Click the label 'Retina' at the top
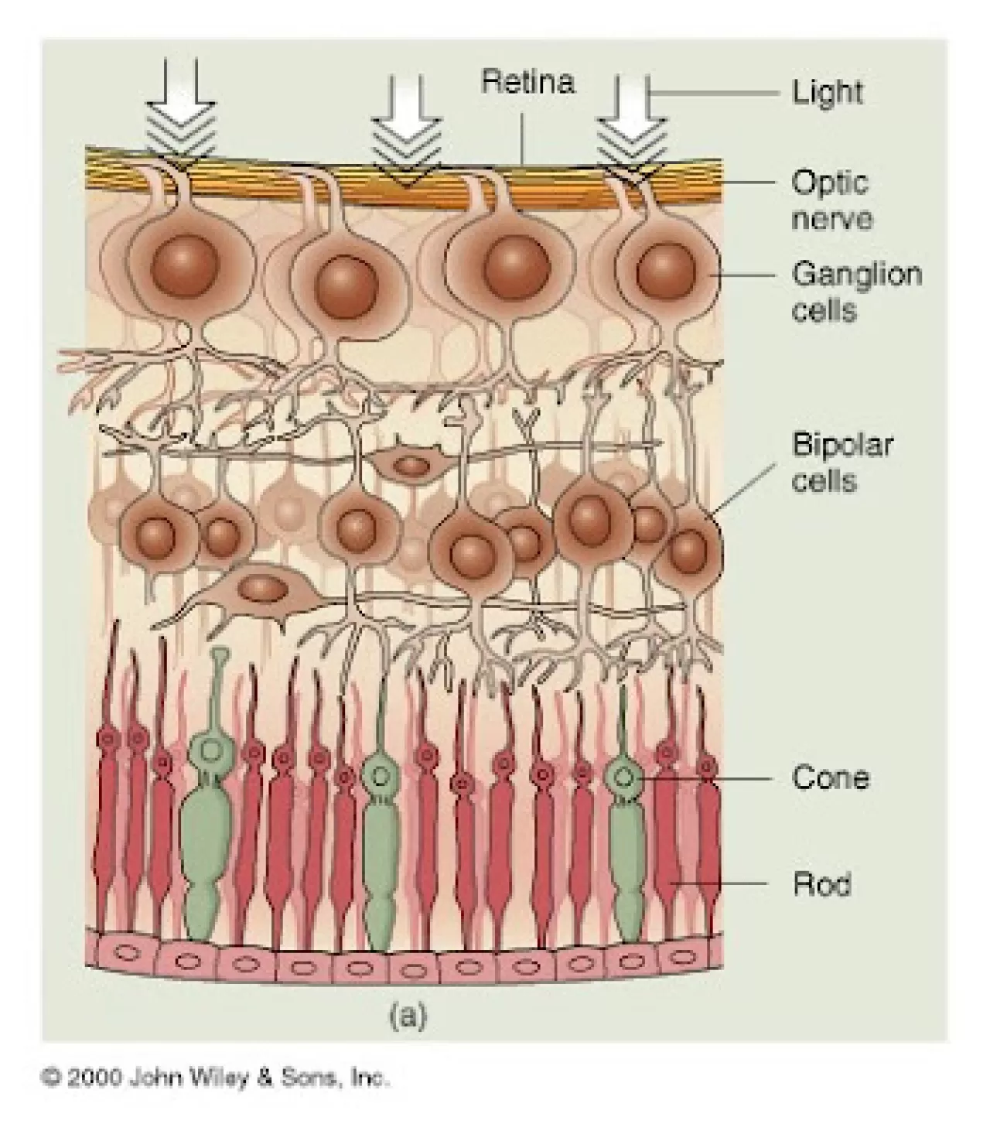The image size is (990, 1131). pyautogui.click(x=527, y=81)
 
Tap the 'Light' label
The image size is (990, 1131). pyautogui.click(x=827, y=93)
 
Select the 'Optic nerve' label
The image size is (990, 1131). pyautogui.click(x=831, y=200)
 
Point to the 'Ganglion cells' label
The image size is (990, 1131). pyautogui.click(x=856, y=292)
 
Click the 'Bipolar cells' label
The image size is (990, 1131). pyautogui.click(x=841, y=462)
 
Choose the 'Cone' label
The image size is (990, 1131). pyautogui.click(x=830, y=777)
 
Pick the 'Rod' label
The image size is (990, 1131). pyautogui.click(x=821, y=883)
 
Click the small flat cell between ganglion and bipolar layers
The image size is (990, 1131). pyautogui.click(x=411, y=465)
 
